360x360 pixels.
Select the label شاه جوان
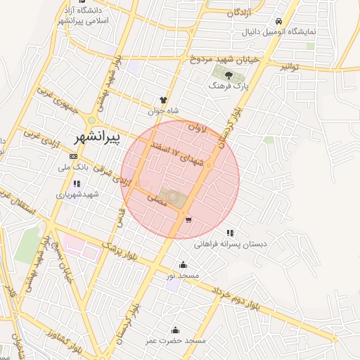(164, 110)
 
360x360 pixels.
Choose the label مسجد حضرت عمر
(176, 340)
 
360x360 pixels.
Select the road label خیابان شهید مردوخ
(224, 60)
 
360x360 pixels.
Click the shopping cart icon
(188, 220)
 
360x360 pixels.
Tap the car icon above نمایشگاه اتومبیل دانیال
(279, 21)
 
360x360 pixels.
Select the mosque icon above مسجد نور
(184, 264)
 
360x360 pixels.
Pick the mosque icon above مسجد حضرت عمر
(175, 330)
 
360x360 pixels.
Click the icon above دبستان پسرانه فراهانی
(229, 233)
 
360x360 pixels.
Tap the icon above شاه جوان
(164, 100)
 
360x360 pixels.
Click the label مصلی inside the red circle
(156, 200)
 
